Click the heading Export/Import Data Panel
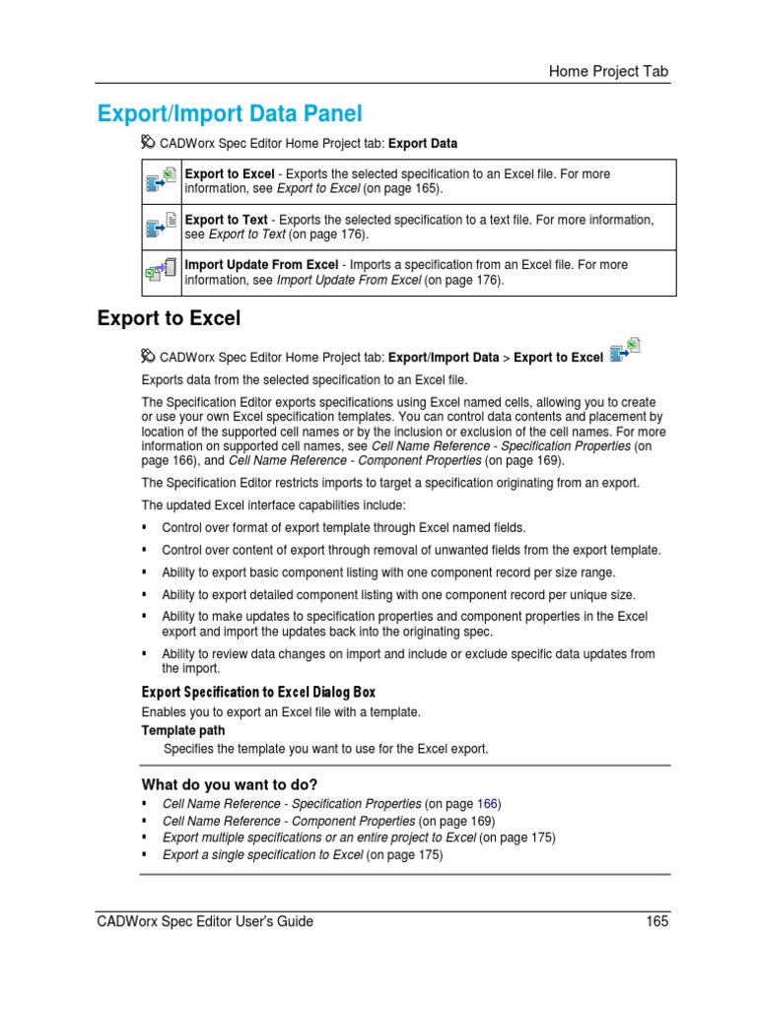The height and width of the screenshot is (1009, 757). tap(230, 113)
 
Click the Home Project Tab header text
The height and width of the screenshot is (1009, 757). tap(609, 71)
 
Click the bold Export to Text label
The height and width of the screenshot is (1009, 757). tap(226, 220)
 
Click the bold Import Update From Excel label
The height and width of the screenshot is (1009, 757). tap(261, 265)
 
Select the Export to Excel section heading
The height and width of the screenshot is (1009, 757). tap(169, 318)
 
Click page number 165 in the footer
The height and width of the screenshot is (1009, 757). tap(657, 921)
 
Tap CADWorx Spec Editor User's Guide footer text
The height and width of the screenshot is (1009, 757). tap(205, 921)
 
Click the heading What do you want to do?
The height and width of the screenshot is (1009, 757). tap(230, 784)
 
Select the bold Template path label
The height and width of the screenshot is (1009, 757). tap(183, 730)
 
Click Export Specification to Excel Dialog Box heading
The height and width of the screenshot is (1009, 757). tap(258, 692)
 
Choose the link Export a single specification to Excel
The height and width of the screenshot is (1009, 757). tap(262, 854)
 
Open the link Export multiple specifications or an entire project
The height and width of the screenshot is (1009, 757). tap(318, 838)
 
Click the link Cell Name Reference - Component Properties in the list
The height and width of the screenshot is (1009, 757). tap(288, 820)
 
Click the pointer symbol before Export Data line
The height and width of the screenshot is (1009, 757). tap(149, 143)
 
